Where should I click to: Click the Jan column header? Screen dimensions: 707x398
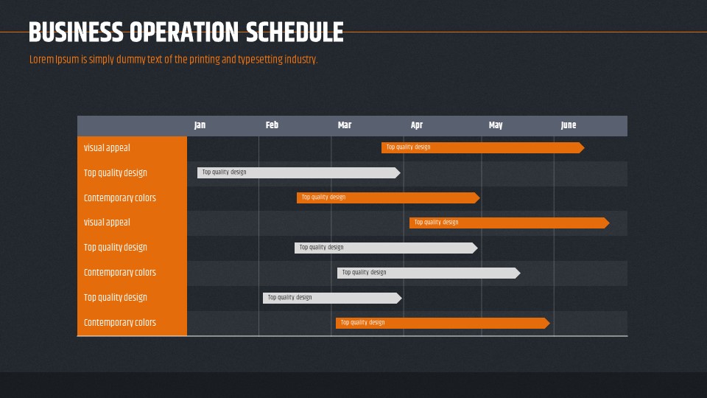200,125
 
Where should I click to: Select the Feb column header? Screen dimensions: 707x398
272,125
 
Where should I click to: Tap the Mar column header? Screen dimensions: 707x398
345,125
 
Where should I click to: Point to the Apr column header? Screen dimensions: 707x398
417,125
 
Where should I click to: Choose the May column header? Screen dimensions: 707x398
496,125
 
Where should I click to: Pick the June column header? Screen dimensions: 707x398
569,125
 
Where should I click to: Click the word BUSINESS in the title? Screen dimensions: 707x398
76,32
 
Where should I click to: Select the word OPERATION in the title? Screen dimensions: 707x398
184,32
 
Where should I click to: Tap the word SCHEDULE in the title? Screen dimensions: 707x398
295,32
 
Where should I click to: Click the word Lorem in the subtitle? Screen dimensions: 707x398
41,60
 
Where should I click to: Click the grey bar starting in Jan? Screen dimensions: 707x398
298,172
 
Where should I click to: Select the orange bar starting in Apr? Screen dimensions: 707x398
510,223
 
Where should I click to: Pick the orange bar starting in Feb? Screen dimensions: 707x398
388,198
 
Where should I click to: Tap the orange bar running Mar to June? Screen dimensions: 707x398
483,147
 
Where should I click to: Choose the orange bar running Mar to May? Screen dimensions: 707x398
443,323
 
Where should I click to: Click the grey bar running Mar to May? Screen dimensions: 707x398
429,273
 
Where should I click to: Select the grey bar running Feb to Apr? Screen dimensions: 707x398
386,248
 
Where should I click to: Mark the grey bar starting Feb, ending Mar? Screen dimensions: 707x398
332,298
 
